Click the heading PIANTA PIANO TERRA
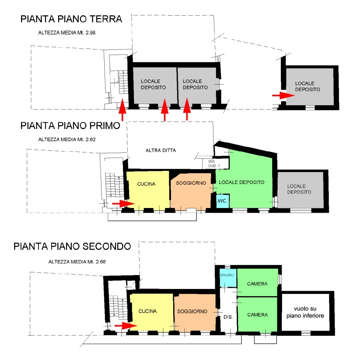tap(71, 19)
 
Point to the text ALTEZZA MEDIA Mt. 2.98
tap(67, 33)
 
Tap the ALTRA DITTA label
tap(161, 151)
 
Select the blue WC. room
tap(223, 201)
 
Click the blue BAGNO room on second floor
tap(228, 278)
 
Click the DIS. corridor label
tap(228, 317)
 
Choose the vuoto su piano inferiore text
tap(305, 312)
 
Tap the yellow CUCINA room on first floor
tap(148, 190)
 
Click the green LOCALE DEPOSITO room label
tap(241, 182)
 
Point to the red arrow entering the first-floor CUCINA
tap(123, 204)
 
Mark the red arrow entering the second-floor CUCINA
tap(126, 326)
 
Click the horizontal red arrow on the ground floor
tap(283, 95)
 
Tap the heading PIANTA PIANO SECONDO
tap(72, 246)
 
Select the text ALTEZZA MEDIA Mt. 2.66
tap(77, 262)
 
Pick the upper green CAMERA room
tap(257, 282)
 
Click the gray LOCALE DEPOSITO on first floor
tap(300, 190)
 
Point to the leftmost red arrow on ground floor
tap(122, 110)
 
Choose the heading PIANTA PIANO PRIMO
tap(70, 126)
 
